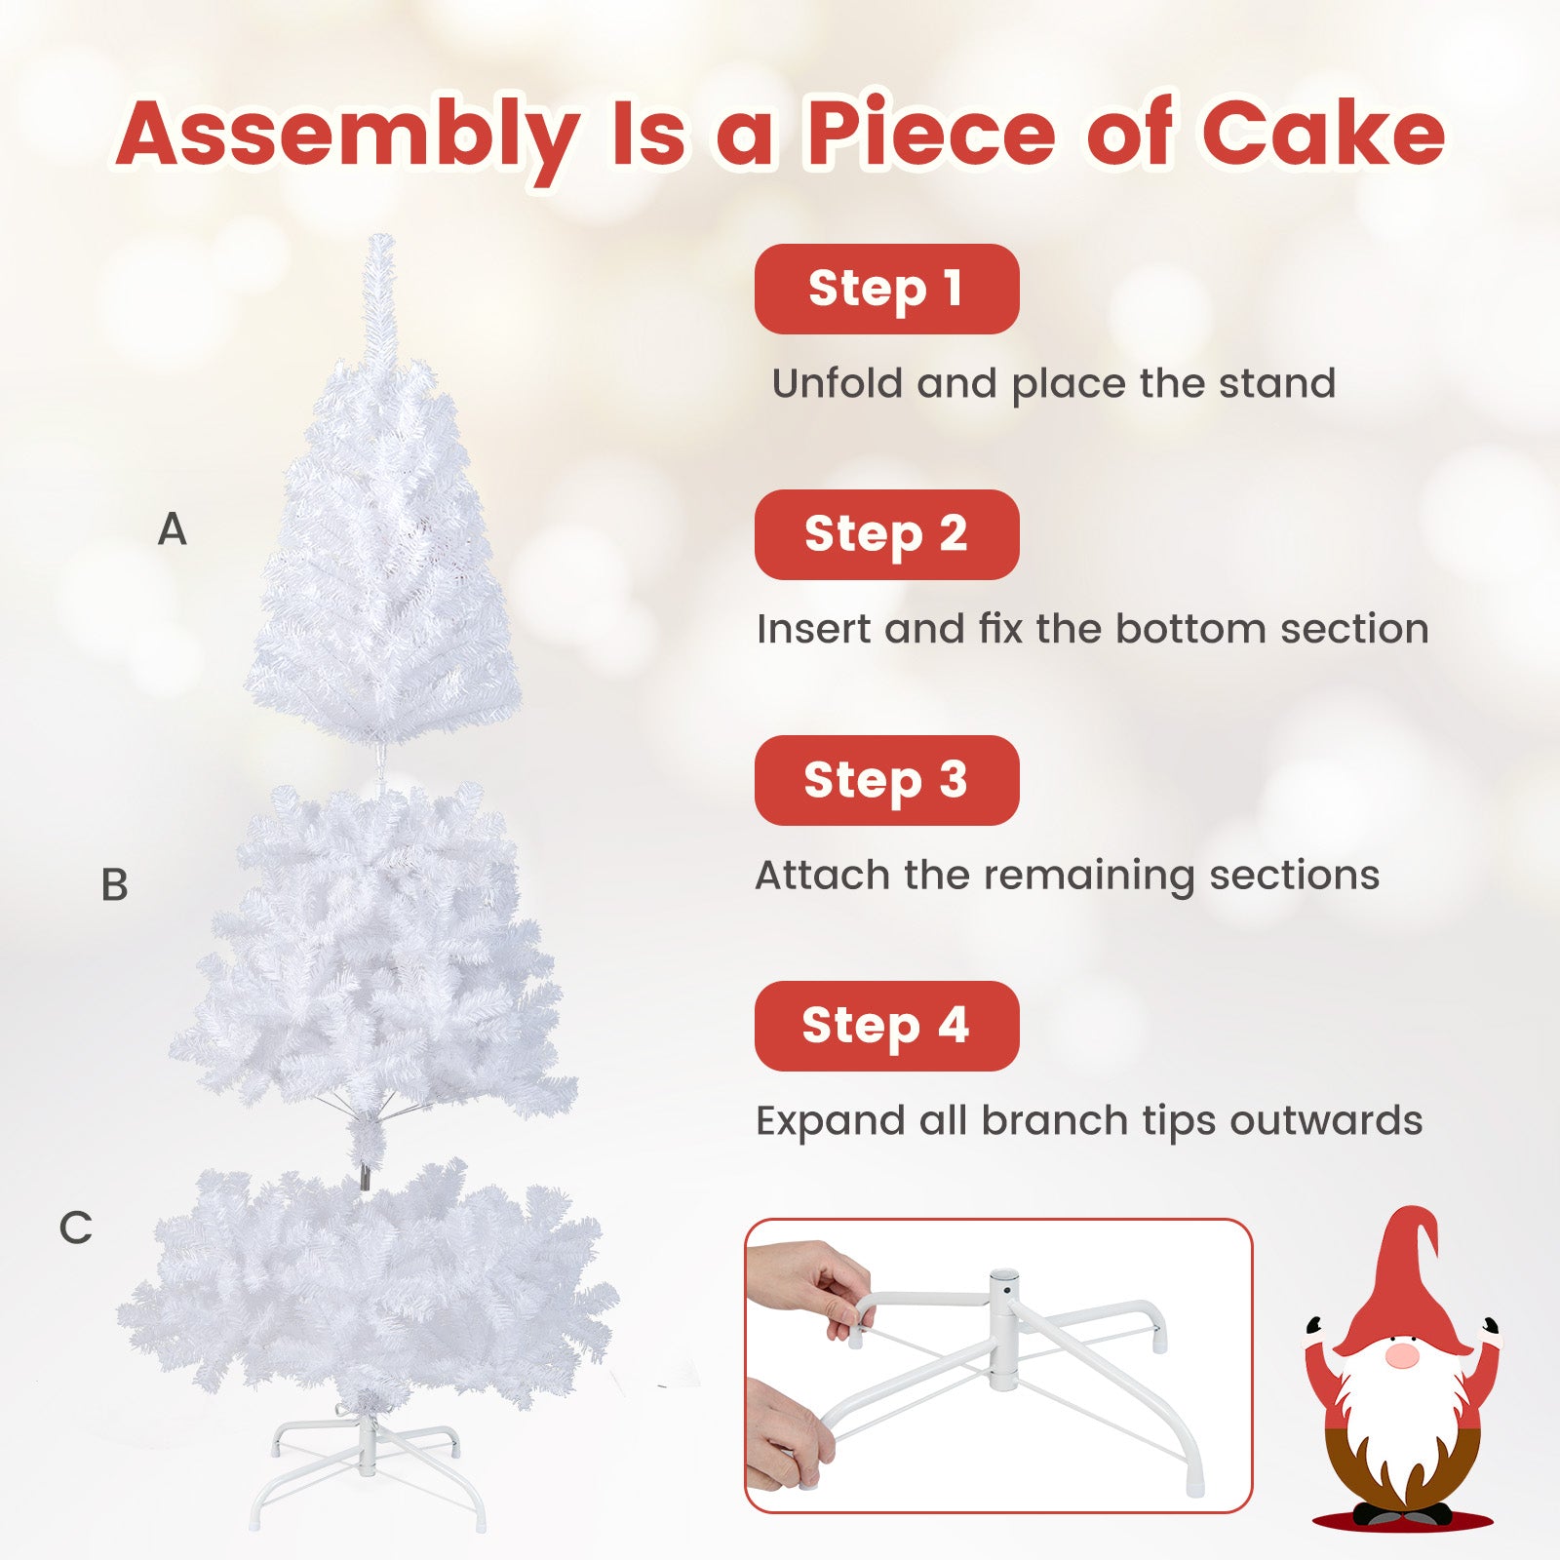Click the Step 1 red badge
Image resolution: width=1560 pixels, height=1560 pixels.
[x=886, y=290]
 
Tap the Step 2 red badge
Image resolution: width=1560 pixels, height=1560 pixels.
[x=886, y=535]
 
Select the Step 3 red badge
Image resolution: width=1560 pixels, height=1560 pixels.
[x=886, y=781]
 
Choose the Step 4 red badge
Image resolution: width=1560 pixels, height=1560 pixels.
[x=886, y=1027]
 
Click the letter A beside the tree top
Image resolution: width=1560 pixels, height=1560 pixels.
[x=172, y=530]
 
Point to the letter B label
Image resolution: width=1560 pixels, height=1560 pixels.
[x=114, y=885]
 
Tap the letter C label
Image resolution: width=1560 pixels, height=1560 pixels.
[x=75, y=1228]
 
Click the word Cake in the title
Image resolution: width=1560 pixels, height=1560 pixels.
[x=1322, y=135]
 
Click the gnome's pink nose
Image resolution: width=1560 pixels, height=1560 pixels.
[x=1401, y=1356]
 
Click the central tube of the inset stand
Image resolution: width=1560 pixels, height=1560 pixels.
[x=1003, y=1326]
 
